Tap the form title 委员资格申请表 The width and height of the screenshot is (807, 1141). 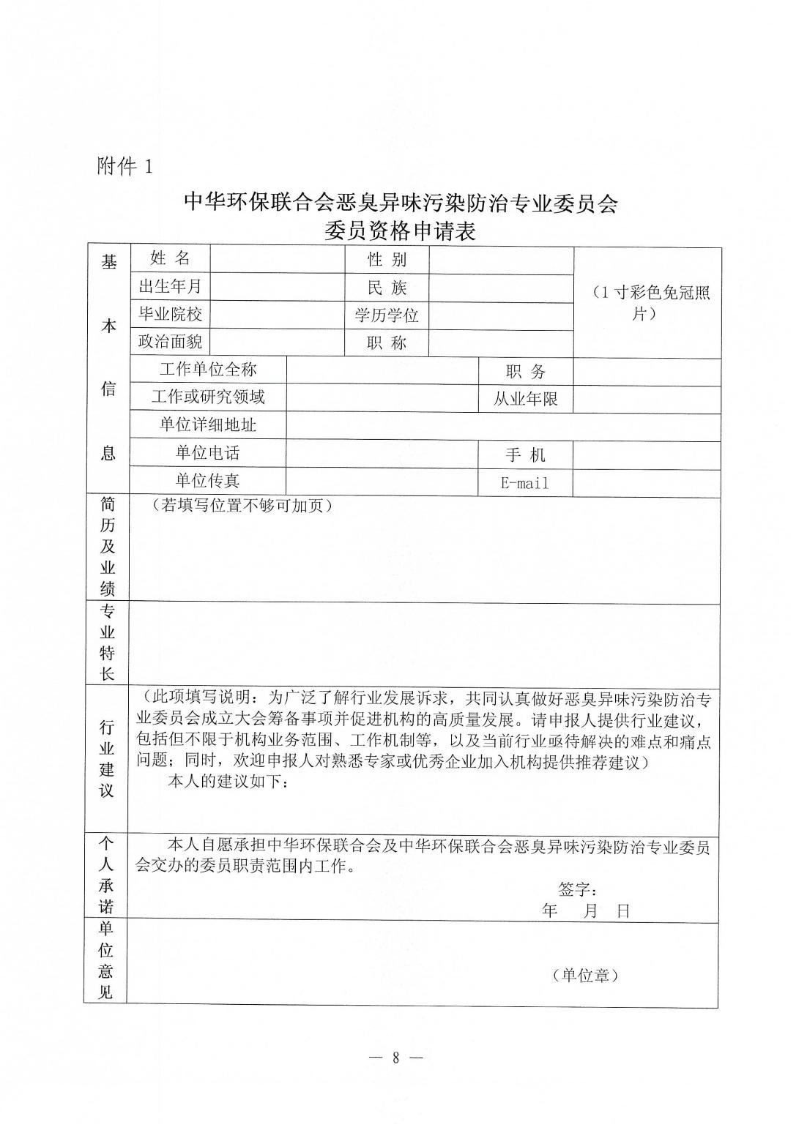[401, 232]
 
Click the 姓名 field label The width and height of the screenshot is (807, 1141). [170, 258]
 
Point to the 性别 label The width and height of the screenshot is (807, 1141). [387, 259]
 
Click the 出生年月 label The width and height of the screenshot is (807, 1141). [170, 285]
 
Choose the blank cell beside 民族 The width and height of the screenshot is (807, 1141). [501, 288]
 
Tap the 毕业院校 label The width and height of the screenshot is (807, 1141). [170, 314]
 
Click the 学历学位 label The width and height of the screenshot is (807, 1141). [387, 315]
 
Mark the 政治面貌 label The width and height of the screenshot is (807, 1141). [170, 342]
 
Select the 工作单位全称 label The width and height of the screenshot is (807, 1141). [208, 370]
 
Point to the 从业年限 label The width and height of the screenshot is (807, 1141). [525, 400]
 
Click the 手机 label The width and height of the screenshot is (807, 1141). [525, 455]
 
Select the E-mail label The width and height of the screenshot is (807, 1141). [525, 483]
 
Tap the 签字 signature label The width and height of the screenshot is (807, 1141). [578, 889]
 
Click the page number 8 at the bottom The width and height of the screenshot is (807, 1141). [396, 1058]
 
